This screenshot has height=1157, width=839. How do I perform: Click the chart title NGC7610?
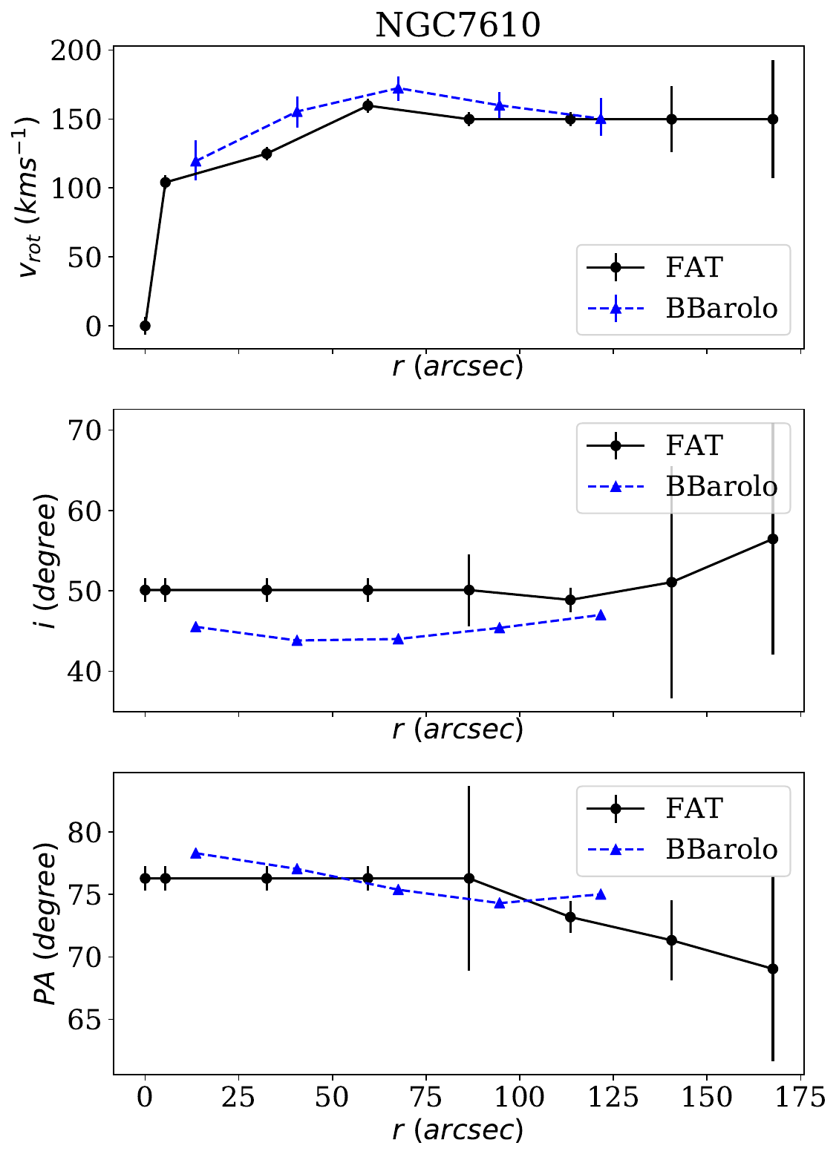[x=457, y=25]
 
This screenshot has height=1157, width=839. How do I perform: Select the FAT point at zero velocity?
[x=145, y=326]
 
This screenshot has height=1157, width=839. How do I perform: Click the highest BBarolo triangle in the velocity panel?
[x=398, y=88]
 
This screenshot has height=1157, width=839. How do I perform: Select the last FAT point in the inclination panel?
[x=772, y=539]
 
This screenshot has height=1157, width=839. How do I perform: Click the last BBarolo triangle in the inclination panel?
[x=601, y=615]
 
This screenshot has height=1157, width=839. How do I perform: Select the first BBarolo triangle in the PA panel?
[x=196, y=853]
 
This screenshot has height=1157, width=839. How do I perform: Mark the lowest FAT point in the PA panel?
[x=772, y=968]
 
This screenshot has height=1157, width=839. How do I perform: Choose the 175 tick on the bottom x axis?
[x=800, y=1097]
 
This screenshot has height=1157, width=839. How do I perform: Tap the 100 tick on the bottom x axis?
[x=520, y=1097]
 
